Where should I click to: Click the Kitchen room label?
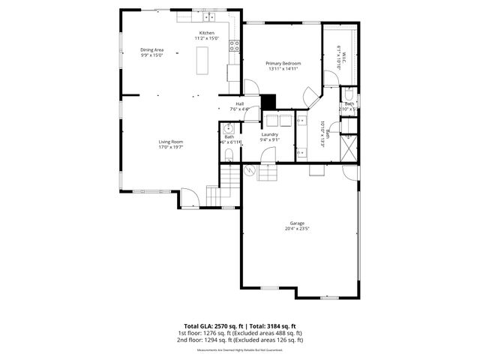206,34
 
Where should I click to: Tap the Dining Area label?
152,50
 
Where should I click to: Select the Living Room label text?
171,142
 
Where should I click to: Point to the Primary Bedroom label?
283,64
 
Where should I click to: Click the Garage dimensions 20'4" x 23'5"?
298,229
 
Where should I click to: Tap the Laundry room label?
270,134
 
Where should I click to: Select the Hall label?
240,103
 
